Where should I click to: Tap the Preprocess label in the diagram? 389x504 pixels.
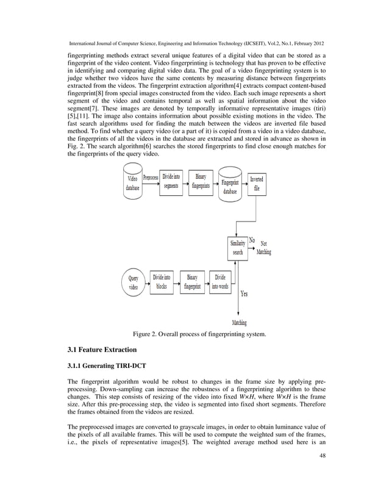[151, 178]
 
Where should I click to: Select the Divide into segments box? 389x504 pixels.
[171, 182]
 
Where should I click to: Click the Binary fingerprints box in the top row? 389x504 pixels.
[201, 182]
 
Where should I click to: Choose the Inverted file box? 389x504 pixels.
[257, 184]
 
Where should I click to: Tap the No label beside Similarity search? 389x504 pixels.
[252, 240]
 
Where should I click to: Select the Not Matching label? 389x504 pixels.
[264, 248]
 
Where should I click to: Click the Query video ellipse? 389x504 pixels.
[133, 283]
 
